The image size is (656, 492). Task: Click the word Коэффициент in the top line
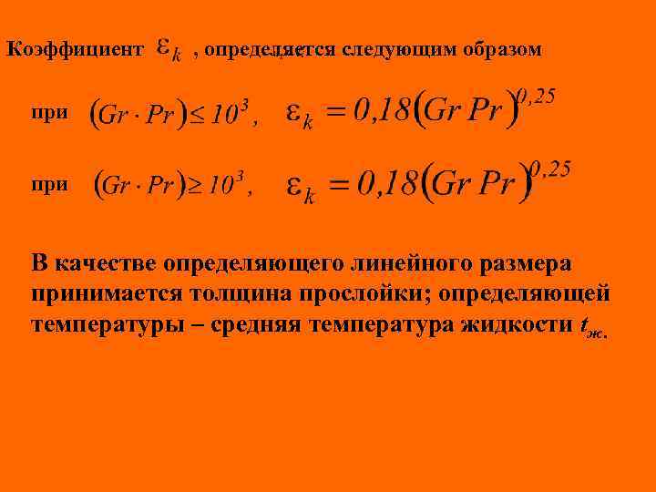(75, 50)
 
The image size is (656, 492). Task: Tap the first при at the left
(49, 113)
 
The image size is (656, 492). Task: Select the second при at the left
(49, 184)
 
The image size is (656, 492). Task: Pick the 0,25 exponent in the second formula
(550, 169)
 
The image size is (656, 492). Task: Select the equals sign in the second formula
(340, 186)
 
